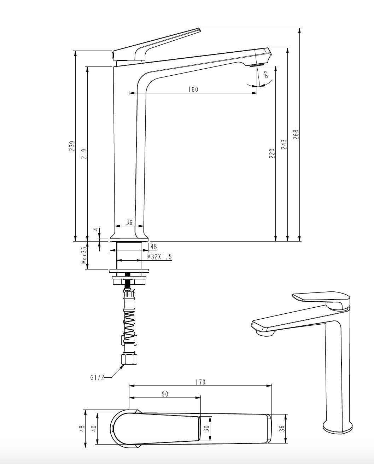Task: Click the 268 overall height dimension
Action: point(296,134)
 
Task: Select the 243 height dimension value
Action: point(284,144)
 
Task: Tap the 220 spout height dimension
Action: point(272,153)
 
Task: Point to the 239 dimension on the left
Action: point(72,146)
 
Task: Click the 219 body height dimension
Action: point(84,154)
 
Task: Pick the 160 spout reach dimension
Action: point(193,89)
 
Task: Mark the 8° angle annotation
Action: point(266,74)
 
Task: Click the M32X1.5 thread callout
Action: point(159,257)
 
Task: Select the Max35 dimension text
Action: point(84,255)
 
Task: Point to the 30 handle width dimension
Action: point(206,428)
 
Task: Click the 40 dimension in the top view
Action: point(94,428)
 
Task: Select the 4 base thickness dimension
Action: point(97,230)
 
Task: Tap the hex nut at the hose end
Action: point(129,359)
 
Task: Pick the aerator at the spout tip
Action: point(257,65)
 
